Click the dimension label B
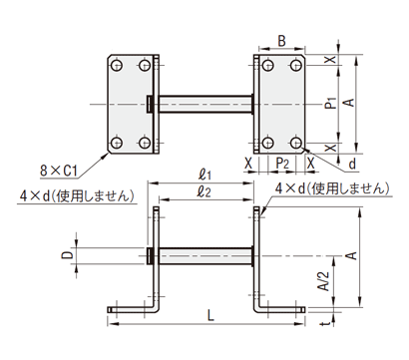pyautogui.click(x=281, y=41)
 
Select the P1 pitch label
pyautogui.click(x=331, y=104)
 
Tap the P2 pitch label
pyautogui.click(x=282, y=164)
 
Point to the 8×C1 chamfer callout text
pyautogui.click(x=59, y=172)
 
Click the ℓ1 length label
pyautogui.click(x=204, y=175)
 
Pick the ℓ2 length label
pyautogui.click(x=204, y=191)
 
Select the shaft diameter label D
pyautogui.click(x=68, y=255)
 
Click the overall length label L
pyautogui.click(x=210, y=316)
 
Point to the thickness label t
pyautogui.click(x=327, y=323)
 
